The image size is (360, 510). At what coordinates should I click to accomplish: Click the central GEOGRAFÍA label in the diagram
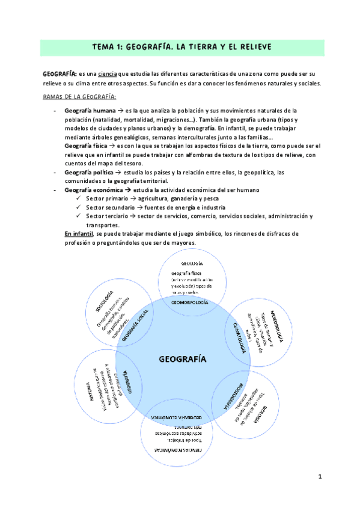pyautogui.click(x=182, y=360)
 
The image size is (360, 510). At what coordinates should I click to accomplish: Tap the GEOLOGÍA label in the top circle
pyautogui.click(x=191, y=263)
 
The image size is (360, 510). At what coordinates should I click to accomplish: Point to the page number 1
pyautogui.click(x=320, y=477)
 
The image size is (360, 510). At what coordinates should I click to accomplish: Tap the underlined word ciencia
pyautogui.click(x=108, y=73)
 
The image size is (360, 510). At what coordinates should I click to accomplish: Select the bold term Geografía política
pyautogui.click(x=89, y=173)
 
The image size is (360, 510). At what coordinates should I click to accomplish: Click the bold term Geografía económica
pyautogui.click(x=93, y=190)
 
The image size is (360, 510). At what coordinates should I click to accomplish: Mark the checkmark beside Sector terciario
pyautogui.click(x=80, y=216)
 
